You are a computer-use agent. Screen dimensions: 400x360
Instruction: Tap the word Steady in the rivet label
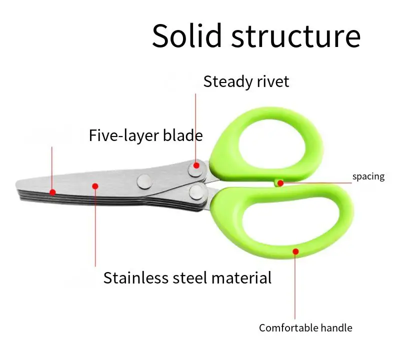pos(228,81)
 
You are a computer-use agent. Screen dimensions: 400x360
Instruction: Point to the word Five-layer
pos(125,135)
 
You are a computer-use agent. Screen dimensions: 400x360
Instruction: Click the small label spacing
pos(368,176)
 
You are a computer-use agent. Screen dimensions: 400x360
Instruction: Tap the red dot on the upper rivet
pos(196,165)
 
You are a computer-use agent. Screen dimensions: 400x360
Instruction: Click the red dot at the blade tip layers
pos(52,191)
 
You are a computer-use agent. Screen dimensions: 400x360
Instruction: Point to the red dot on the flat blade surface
pos(95,186)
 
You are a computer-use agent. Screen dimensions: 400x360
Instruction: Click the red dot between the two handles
pos(280,183)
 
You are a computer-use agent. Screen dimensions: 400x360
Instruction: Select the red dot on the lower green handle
pos(295,250)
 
